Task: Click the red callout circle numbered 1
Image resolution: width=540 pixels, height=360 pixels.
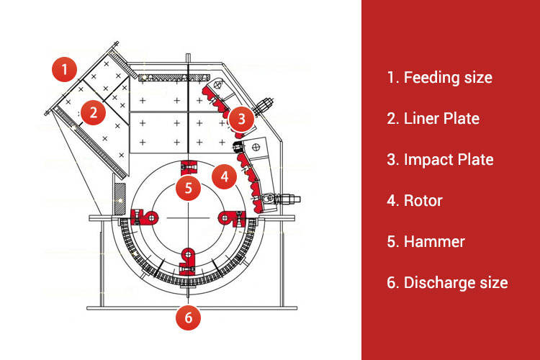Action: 64,70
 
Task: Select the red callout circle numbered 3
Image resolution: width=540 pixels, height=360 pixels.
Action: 241,117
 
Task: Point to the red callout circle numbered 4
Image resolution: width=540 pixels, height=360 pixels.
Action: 224,175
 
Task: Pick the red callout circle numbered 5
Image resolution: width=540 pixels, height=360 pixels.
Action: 188,189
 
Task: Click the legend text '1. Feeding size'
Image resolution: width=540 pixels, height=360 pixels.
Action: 439,77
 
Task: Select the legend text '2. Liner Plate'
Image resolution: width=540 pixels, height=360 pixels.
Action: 433,118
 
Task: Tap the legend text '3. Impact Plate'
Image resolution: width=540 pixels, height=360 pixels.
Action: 440,159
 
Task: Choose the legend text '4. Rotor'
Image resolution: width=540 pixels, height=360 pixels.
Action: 414,200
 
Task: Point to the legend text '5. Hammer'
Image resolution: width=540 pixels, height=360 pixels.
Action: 426,241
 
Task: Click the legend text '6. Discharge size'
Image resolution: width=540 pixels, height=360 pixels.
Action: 447,282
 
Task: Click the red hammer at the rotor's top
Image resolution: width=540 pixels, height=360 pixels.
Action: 189,168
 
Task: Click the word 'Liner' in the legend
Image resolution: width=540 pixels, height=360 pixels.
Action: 421,118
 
